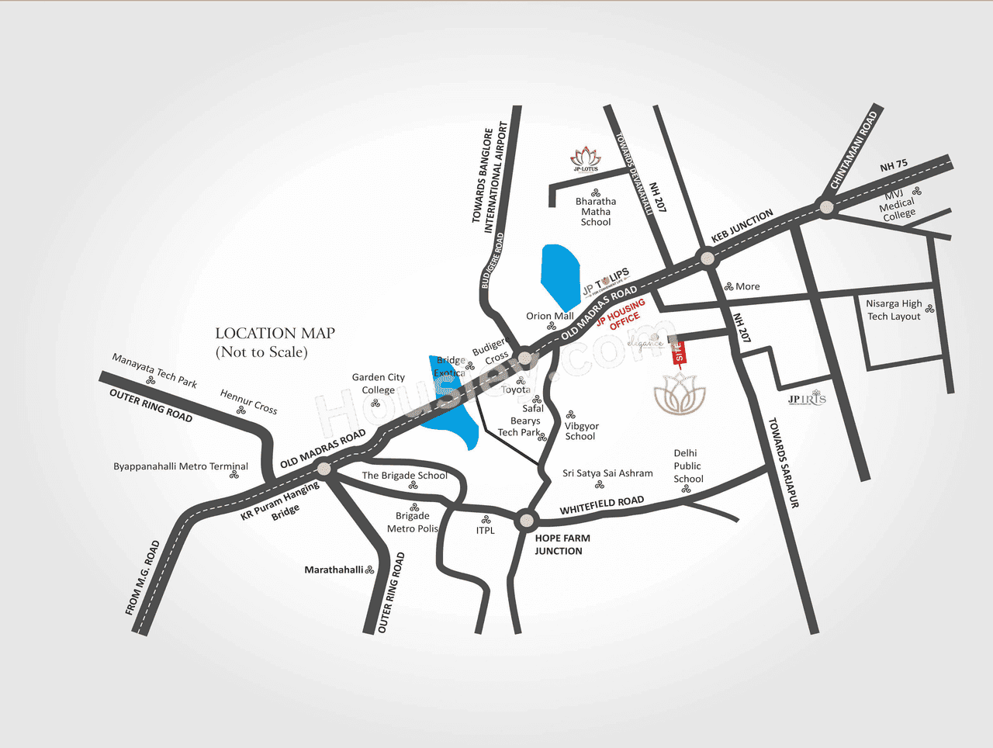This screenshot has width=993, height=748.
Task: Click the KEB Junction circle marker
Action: tap(706, 258)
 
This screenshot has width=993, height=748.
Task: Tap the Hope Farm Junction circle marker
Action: tap(526, 519)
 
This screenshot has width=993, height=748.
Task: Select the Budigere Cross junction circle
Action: tap(525, 358)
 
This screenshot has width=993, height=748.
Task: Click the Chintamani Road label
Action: tap(853, 150)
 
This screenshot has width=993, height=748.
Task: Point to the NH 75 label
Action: tap(894, 165)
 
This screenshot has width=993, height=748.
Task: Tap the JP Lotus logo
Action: tap(586, 158)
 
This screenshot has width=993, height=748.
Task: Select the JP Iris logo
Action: tap(807, 399)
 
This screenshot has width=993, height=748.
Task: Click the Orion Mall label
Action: tap(550, 316)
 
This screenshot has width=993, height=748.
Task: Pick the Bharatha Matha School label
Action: tap(596, 211)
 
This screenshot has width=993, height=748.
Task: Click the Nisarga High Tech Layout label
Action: tap(894, 310)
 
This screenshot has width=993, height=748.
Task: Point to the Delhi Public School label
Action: tap(687, 466)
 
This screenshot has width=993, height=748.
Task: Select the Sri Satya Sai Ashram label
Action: tap(607, 473)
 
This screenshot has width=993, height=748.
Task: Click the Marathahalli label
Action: tap(334, 570)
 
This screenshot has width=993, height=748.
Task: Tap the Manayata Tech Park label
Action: tap(154, 370)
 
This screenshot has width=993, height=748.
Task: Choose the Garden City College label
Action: tap(379, 383)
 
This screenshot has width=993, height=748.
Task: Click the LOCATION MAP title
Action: tap(275, 334)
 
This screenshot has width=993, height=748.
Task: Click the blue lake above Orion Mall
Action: tap(560, 273)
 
